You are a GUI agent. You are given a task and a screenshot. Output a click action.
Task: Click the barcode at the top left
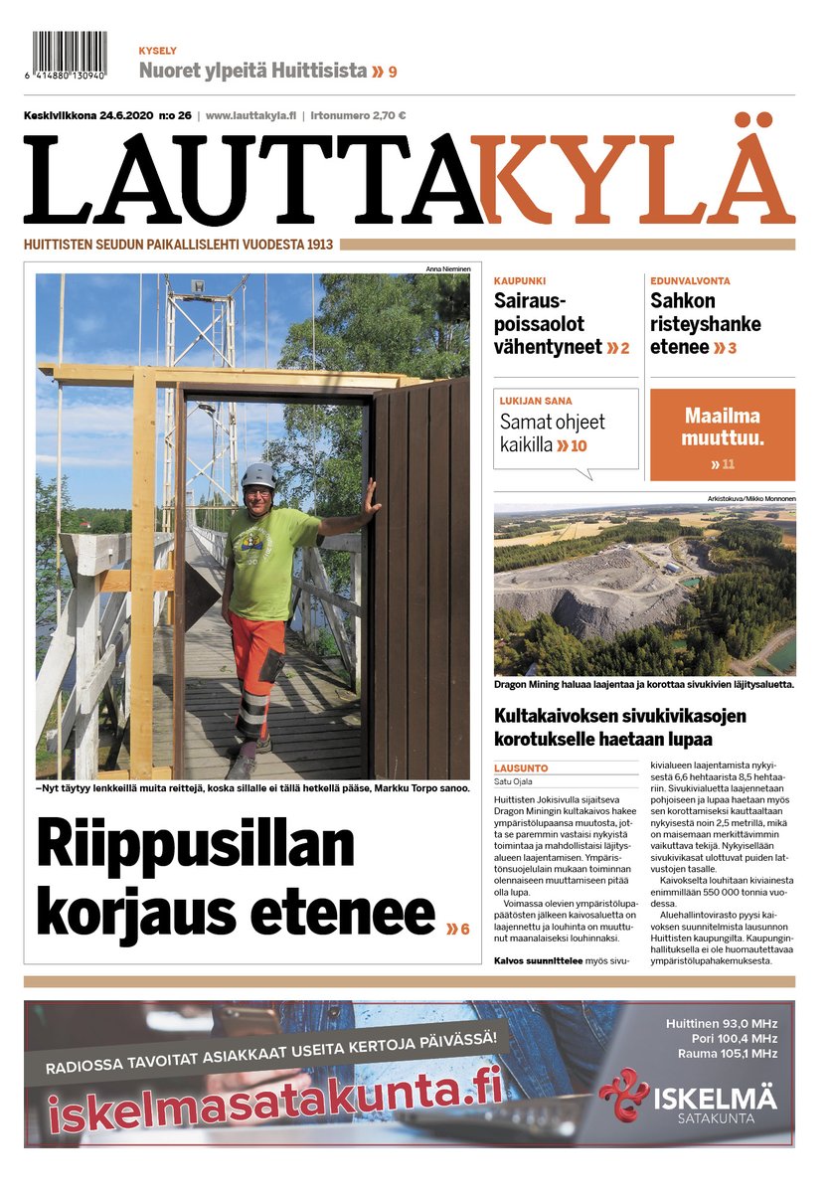pyautogui.click(x=70, y=55)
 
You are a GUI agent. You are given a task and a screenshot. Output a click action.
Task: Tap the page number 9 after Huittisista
pyautogui.click(x=393, y=72)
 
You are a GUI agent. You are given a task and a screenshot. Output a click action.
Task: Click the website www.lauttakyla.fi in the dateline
pyautogui.click(x=250, y=115)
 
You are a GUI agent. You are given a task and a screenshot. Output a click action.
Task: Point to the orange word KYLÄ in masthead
pyautogui.click(x=632, y=180)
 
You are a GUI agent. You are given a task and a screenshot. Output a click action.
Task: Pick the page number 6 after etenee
pyautogui.click(x=463, y=929)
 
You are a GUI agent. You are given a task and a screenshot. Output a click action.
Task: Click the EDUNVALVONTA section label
pyautogui.click(x=690, y=281)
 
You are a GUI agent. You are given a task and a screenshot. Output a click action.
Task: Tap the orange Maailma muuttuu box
pyautogui.click(x=723, y=433)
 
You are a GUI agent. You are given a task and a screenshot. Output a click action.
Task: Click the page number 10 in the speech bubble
pyautogui.click(x=579, y=446)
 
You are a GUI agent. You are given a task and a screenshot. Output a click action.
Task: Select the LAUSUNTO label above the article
pyautogui.click(x=519, y=767)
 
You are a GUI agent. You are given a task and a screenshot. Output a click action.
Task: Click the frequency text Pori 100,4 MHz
pyautogui.click(x=722, y=1038)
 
